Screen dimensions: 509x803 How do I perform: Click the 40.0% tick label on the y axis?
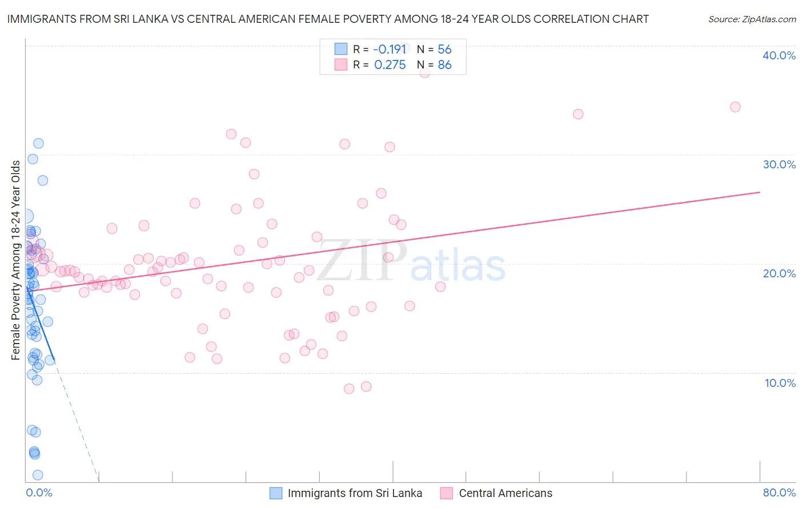point(779,55)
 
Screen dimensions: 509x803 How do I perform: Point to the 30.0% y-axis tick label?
point(779,164)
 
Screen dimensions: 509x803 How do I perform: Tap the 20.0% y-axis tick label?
point(779,273)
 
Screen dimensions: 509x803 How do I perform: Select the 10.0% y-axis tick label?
point(780,383)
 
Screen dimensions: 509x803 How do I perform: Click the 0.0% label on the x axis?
point(39,492)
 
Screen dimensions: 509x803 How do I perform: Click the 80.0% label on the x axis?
point(779,492)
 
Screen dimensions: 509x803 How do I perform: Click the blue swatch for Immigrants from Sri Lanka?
point(276,494)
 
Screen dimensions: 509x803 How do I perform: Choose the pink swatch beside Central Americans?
point(447,494)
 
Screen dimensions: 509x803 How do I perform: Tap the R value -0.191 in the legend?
point(390,49)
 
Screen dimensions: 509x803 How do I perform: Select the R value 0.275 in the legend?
point(390,65)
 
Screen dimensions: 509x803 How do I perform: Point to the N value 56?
point(444,49)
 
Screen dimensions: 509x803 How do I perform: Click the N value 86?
point(444,65)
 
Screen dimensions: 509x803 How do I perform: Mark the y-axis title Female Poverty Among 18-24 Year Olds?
point(16,260)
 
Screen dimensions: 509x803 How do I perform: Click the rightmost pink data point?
point(735,107)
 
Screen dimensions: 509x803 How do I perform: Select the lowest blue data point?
point(38,475)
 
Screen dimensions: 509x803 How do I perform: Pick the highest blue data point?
point(38,143)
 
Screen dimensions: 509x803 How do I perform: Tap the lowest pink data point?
point(349,389)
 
